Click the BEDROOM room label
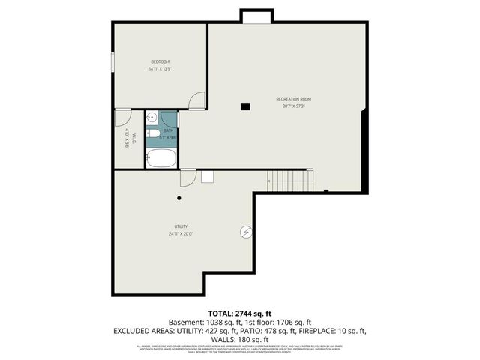point(160,61)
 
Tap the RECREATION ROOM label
point(294,99)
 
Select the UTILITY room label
point(181,226)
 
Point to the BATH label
point(168,130)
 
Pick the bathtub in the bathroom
point(160,158)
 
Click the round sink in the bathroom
point(151,117)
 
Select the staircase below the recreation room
point(289,181)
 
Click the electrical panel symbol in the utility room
point(245,232)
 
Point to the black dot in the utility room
point(179,198)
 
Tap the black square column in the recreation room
point(244,106)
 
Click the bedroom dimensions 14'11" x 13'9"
point(160,69)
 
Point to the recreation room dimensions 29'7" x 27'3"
point(294,106)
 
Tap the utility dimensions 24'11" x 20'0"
point(181,234)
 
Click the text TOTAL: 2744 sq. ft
point(239,312)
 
